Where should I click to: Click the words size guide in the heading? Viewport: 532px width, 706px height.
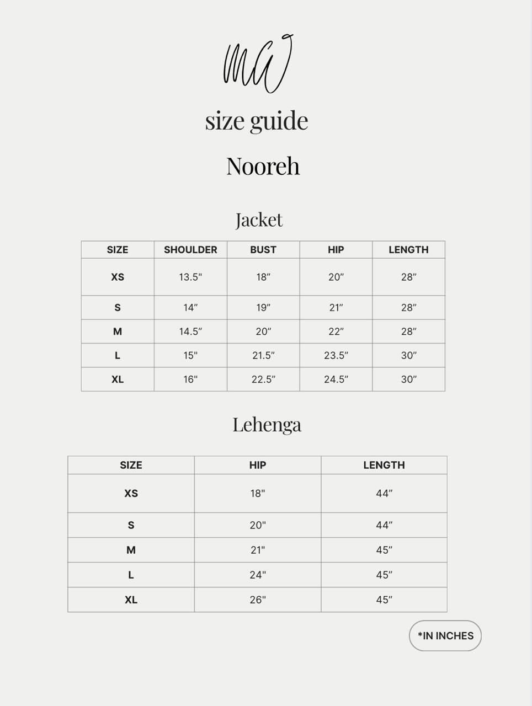point(257,121)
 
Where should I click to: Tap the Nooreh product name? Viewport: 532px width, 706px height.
point(263,166)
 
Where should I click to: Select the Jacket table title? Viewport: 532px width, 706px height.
point(259,220)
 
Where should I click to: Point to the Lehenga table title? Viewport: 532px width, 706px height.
point(267,425)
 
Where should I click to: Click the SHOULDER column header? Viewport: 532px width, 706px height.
point(190,250)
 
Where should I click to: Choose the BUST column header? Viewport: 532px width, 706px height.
point(263,250)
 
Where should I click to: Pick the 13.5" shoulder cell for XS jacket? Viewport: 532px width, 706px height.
point(190,277)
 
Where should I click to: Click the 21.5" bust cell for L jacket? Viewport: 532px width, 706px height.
point(263,356)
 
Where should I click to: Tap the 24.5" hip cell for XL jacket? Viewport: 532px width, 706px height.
point(336,379)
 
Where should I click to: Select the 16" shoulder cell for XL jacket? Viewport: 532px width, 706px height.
point(190,379)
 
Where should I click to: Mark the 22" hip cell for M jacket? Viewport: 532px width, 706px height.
point(336,331)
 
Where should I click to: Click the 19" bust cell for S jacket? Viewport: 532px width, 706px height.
point(263,308)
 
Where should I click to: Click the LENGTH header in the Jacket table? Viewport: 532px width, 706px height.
point(408,250)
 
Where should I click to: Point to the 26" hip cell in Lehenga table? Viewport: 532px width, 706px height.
point(258,600)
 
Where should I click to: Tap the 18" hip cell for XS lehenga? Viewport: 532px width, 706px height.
point(258,494)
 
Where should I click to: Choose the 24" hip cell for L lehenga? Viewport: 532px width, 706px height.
point(258,575)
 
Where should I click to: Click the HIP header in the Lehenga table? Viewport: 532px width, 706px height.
point(258,466)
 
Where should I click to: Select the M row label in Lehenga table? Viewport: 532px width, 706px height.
point(131,550)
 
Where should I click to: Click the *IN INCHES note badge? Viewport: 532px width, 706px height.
point(445,636)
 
